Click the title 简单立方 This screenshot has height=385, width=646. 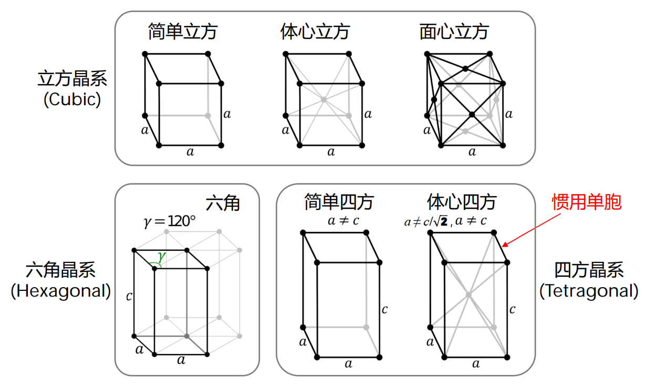[x=182, y=32]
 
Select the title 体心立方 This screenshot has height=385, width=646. [x=315, y=32]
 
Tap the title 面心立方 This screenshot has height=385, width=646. [x=454, y=32]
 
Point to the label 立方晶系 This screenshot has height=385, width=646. [x=72, y=79]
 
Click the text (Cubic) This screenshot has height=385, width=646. [x=72, y=99]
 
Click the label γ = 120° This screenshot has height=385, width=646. [x=169, y=221]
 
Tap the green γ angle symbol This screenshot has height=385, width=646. [x=161, y=256]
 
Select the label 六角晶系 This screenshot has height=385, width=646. [x=61, y=270]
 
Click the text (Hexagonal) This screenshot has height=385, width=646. [x=61, y=291]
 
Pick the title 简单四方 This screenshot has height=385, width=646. [x=339, y=202]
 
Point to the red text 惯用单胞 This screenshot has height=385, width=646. [x=587, y=202]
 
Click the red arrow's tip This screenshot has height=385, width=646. [x=503, y=246]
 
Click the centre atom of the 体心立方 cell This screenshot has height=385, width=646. [x=324, y=99]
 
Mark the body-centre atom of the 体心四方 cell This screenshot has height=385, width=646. [x=469, y=295]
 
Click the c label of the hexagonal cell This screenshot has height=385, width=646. [x=129, y=297]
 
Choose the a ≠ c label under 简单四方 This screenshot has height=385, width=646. [x=343, y=221]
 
